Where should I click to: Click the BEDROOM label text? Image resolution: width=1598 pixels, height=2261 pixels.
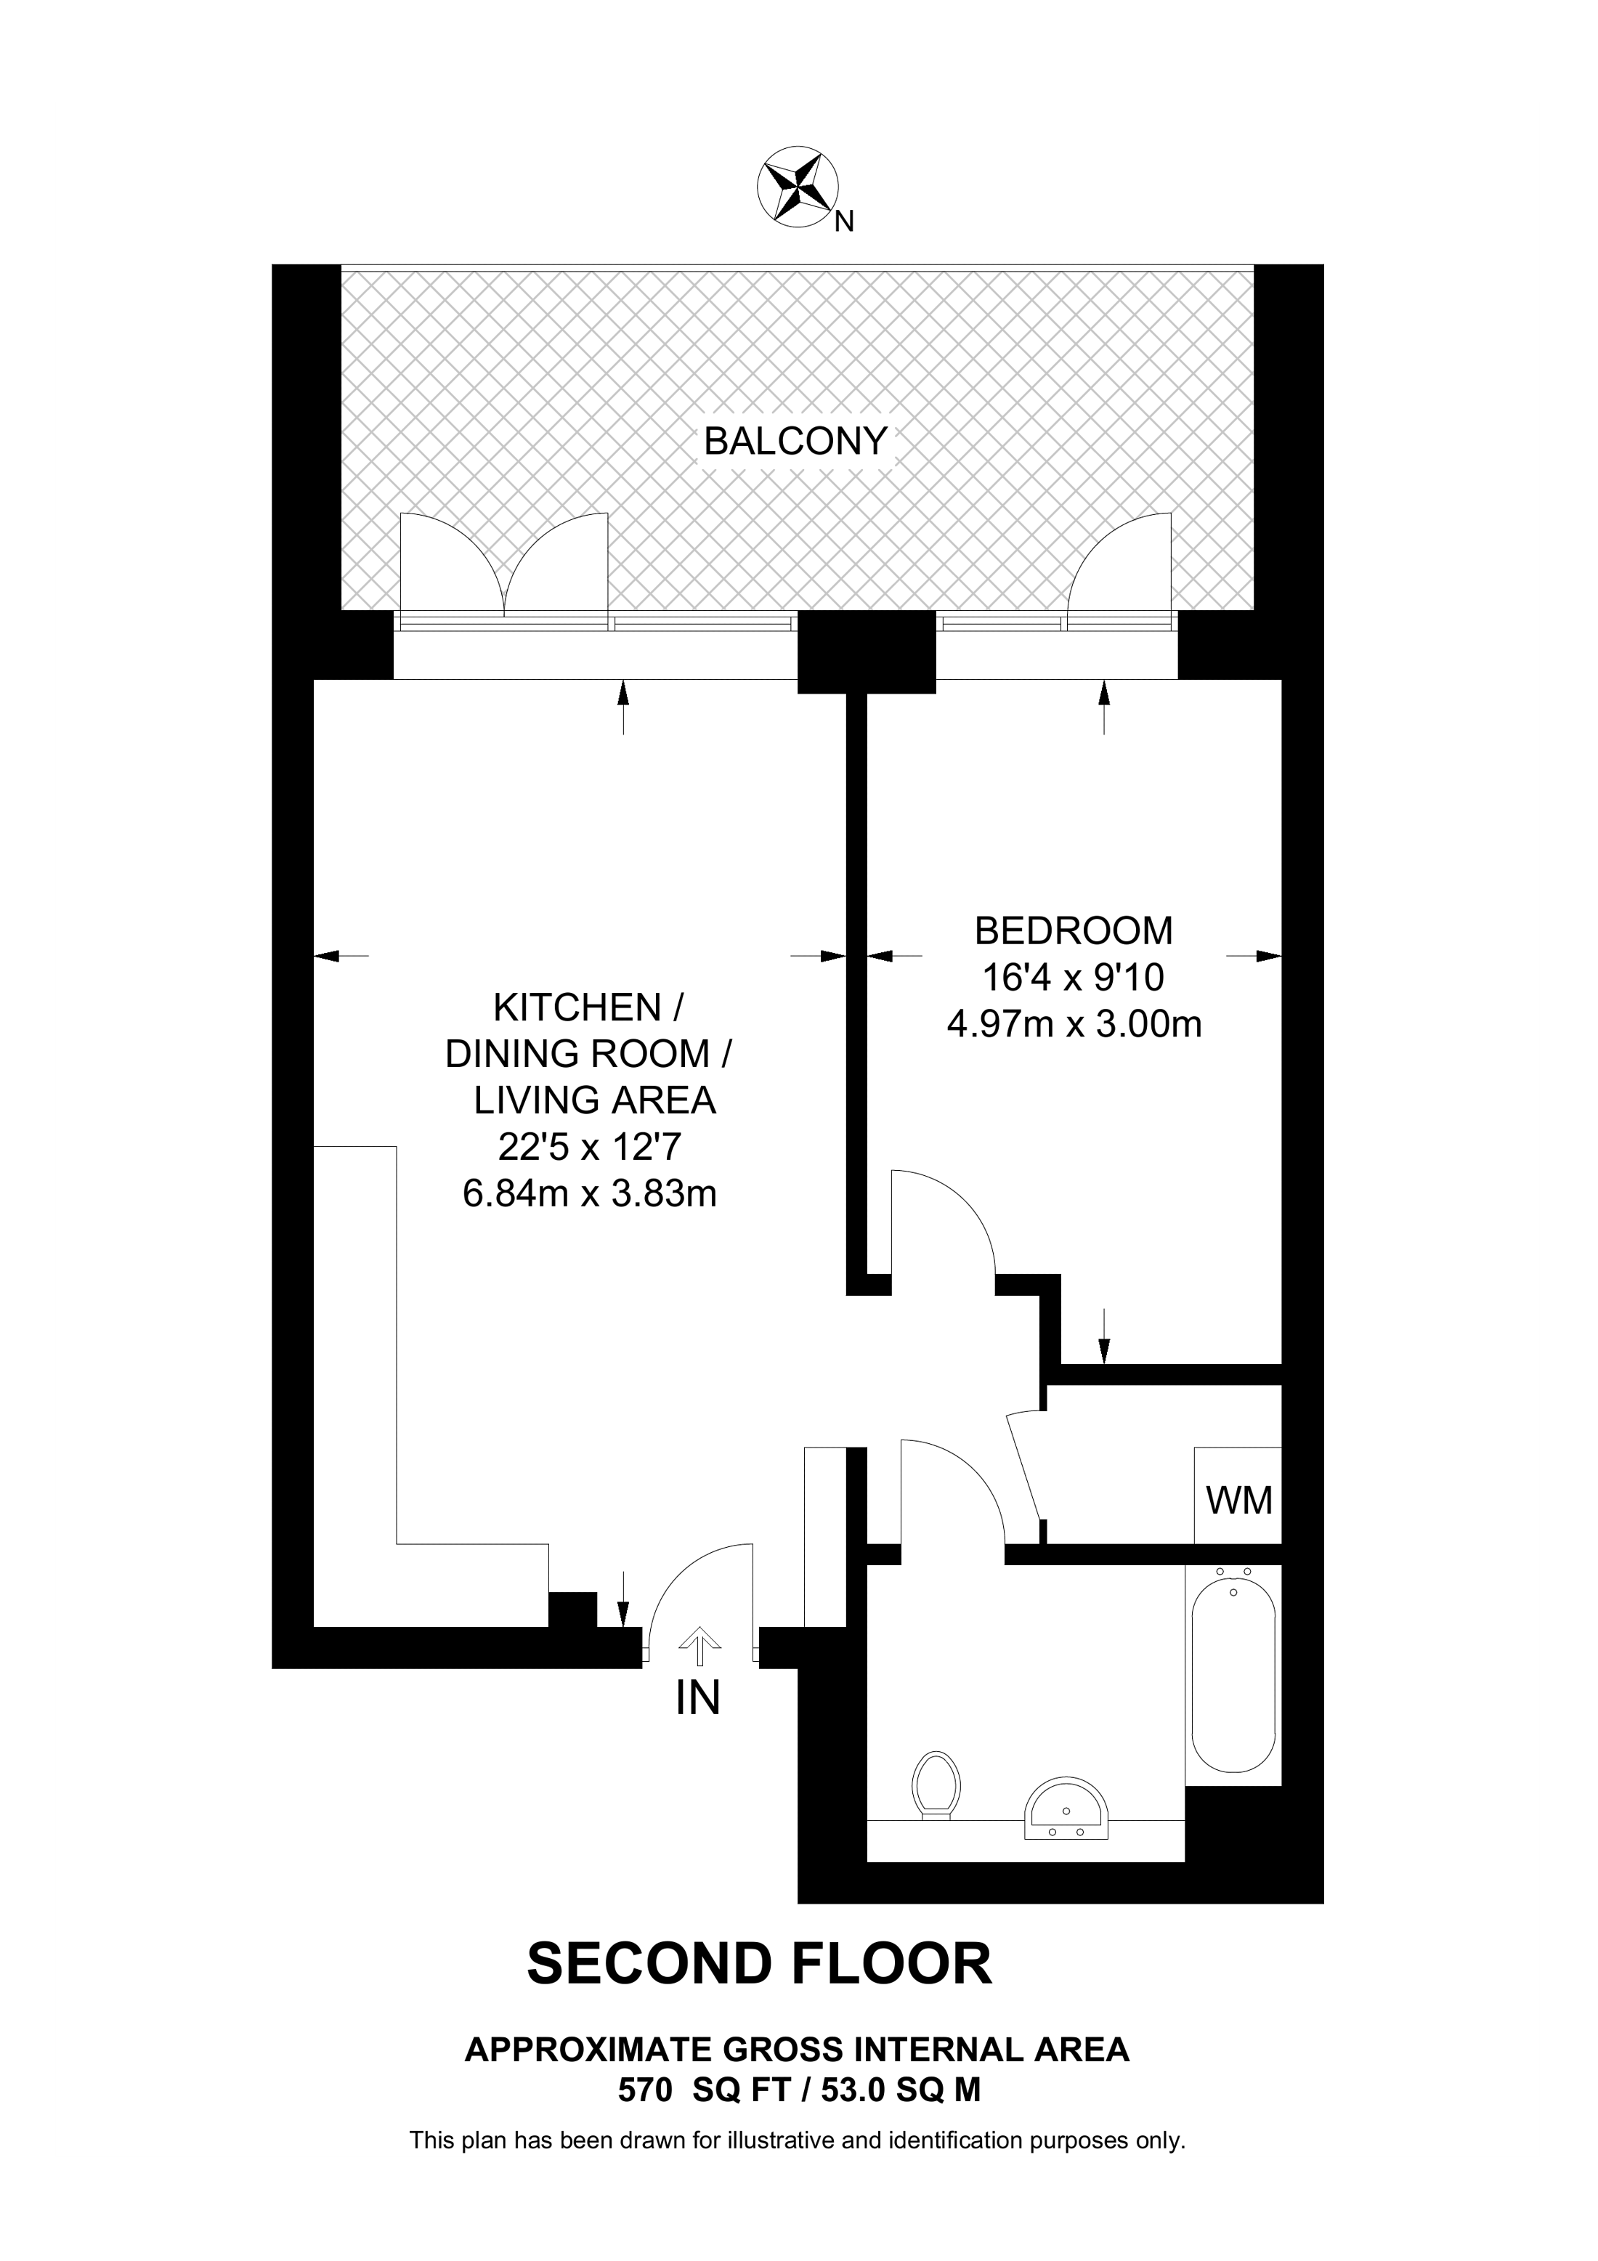point(1074,930)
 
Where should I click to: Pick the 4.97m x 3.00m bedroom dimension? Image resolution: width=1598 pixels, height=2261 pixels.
point(1074,1025)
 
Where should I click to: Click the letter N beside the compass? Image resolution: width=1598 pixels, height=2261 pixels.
point(844,222)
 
